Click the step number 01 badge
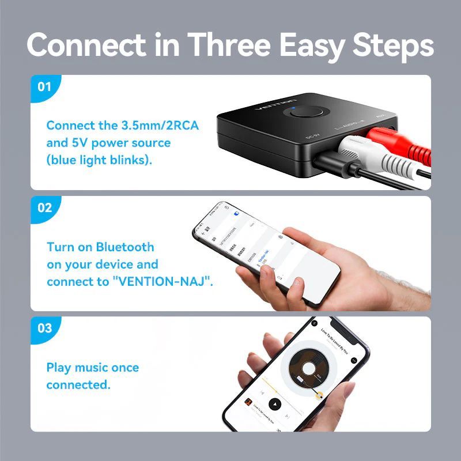pos(44,88)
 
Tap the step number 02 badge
pos(44,208)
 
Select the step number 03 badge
pos(44,328)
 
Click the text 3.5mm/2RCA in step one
pos(160,126)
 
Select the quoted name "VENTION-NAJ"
pos(173,282)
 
